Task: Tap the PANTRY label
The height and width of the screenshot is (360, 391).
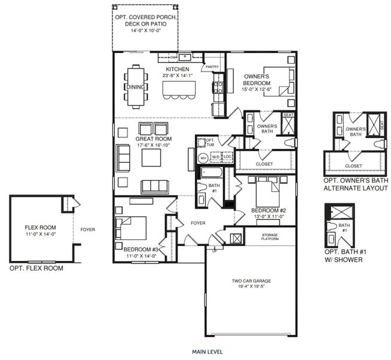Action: point(212,67)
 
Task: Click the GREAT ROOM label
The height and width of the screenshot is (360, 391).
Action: point(150,128)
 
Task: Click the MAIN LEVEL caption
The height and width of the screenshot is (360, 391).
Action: point(207,352)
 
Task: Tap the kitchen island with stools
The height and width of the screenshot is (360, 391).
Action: point(178,89)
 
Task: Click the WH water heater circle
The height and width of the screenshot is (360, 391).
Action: point(203,158)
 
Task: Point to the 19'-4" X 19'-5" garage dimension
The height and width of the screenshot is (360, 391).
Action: point(251,287)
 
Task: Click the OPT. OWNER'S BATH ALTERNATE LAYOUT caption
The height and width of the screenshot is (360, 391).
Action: point(356,184)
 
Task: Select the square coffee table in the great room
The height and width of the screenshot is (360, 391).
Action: point(151,158)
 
